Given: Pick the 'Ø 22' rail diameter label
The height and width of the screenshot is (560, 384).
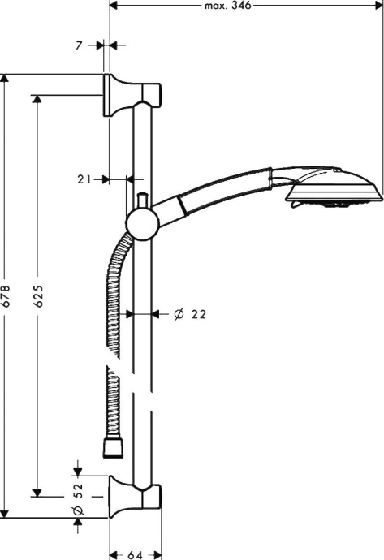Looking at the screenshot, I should pyautogui.click(x=184, y=314).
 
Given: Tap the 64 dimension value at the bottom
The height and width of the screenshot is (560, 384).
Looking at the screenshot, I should pyautogui.click(x=134, y=554).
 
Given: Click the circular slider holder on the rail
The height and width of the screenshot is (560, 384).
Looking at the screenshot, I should pyautogui.click(x=140, y=220).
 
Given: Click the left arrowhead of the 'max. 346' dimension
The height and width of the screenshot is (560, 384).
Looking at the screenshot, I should pyautogui.click(x=114, y=6).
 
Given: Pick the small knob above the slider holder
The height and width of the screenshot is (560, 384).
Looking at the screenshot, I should pyautogui.click(x=142, y=199).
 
